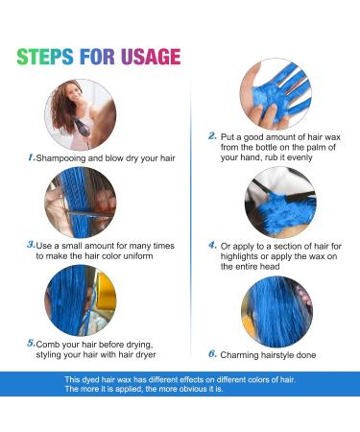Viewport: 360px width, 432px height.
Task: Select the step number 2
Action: (212, 136)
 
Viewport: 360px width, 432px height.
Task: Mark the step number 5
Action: (31, 342)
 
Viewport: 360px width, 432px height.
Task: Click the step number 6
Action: (212, 352)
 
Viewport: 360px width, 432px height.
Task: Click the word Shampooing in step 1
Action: (63, 156)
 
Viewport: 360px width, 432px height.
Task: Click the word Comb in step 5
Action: (52, 343)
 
